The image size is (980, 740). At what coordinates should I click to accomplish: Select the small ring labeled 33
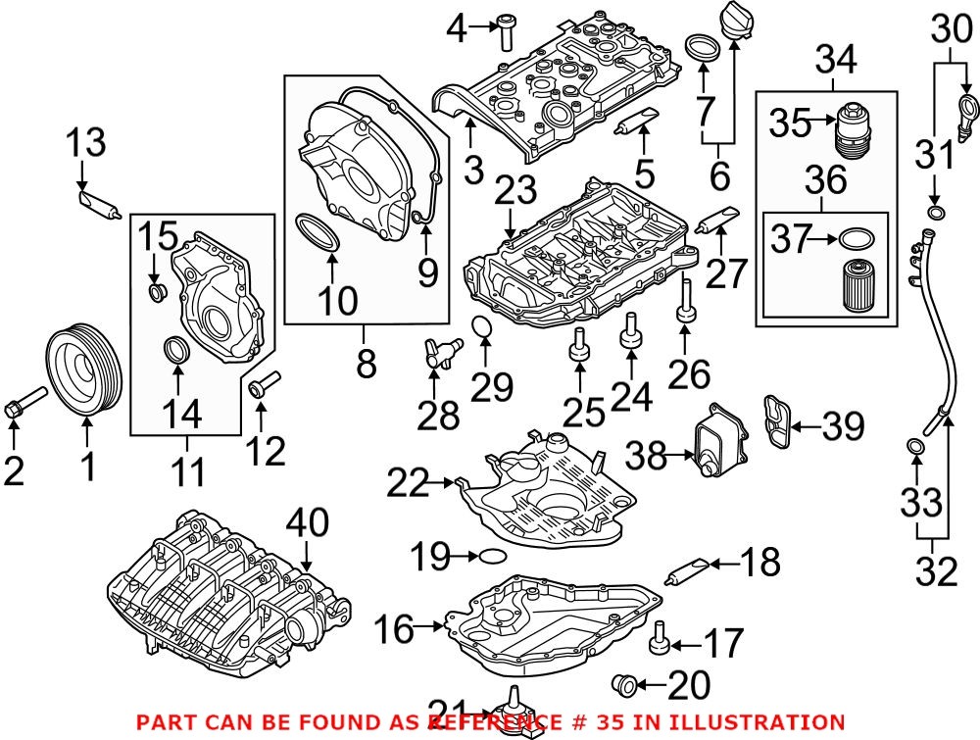914,449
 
